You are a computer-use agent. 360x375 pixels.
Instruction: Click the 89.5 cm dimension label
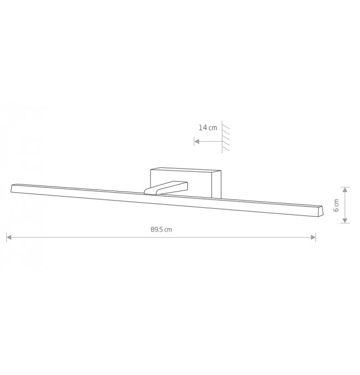[161, 229]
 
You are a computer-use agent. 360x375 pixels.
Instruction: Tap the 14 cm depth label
[208, 127]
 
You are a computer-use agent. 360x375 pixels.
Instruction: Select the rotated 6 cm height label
[336, 205]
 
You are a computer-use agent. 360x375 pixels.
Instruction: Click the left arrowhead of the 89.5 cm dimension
[9, 237]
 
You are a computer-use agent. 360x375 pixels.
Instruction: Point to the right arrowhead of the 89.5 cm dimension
[313, 237]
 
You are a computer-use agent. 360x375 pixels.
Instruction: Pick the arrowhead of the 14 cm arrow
[197, 141]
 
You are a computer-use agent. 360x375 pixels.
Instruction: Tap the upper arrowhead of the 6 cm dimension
[344, 190]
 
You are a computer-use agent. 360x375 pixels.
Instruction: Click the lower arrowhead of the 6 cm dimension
[344, 220]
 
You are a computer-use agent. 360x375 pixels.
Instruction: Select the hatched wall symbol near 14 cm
[225, 137]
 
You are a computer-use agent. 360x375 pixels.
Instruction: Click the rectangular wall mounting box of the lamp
[186, 183]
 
